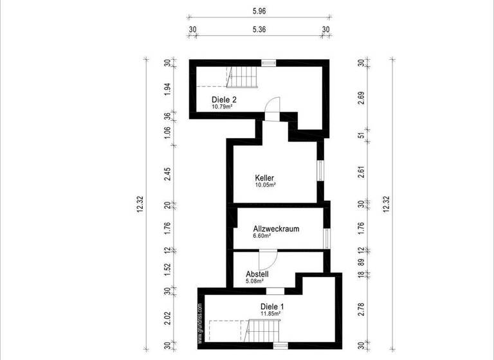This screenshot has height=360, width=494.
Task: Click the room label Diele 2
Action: pyautogui.click(x=224, y=100)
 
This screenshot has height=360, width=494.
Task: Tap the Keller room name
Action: pyautogui.click(x=265, y=177)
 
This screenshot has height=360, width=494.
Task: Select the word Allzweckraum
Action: pyautogui.click(x=276, y=228)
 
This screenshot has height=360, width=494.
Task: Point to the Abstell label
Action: pyautogui.click(x=257, y=273)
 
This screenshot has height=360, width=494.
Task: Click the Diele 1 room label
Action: pyautogui.click(x=273, y=306)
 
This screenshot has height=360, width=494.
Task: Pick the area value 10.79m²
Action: pyautogui.click(x=222, y=107)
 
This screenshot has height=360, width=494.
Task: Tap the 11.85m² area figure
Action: pyautogui.click(x=279, y=314)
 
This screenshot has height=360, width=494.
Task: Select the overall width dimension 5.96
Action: pyautogui.click(x=259, y=10)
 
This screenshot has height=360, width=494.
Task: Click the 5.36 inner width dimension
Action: pyautogui.click(x=259, y=29)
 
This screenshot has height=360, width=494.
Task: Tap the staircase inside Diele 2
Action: pyautogui.click(x=243, y=77)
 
